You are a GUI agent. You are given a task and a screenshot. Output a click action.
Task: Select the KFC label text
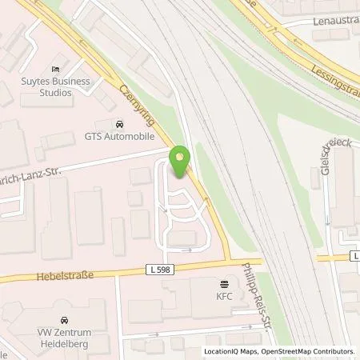[x=223, y=296]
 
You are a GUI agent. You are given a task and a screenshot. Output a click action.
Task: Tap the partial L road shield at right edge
[x=354, y=256]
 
